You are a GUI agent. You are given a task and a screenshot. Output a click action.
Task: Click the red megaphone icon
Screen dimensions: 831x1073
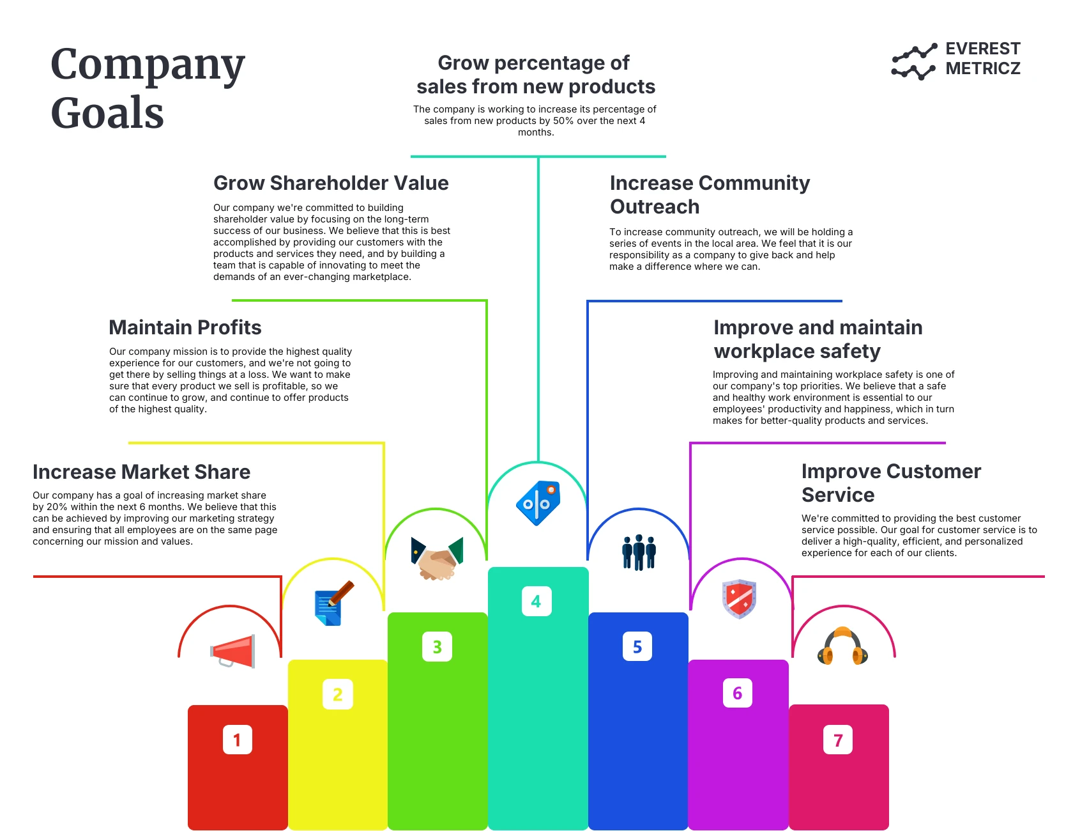coord(233,651)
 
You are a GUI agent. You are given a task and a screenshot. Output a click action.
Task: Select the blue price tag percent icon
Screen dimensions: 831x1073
coord(538,503)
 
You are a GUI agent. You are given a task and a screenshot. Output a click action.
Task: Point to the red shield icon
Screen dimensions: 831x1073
coord(739,599)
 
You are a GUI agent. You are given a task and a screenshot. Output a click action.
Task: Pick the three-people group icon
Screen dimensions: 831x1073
coord(639,552)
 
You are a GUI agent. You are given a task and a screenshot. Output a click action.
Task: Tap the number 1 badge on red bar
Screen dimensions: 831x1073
coord(238,740)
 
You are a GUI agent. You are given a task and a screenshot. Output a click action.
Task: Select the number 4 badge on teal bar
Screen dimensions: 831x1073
coord(536,602)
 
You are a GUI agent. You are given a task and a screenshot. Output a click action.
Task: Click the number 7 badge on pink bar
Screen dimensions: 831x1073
coord(838,740)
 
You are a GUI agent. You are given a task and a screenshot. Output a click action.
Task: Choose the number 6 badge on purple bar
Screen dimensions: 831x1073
coord(738,693)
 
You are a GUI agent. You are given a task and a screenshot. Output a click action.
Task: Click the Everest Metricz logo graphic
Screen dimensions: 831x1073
coord(914,61)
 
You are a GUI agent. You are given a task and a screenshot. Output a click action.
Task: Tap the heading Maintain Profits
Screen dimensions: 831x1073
coord(185,327)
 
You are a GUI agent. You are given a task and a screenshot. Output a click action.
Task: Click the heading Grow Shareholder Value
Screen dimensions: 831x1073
coord(331,183)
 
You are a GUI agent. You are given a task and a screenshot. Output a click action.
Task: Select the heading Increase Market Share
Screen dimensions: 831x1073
coord(141,472)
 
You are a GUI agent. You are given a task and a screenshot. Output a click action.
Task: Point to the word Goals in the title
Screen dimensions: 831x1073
coord(107,113)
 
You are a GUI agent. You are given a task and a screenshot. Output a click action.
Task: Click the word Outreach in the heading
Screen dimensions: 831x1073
coord(655,207)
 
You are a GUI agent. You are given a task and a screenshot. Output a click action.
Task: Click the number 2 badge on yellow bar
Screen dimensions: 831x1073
coord(337,694)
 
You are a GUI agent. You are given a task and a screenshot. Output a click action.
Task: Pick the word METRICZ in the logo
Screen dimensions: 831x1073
coord(982,68)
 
